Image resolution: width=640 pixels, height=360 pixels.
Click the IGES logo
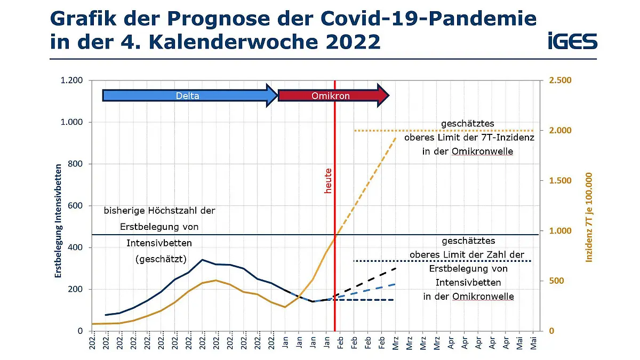click(572, 41)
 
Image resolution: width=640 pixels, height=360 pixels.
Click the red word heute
click(329, 181)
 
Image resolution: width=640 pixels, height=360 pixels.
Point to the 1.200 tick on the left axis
click(71, 81)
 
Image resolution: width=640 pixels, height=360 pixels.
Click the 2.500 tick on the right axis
click(561, 81)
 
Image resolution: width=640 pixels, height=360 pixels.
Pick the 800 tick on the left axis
click(75, 164)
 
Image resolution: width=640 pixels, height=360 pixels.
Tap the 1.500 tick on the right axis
click(561, 181)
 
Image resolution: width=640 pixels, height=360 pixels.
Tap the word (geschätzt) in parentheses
click(160, 260)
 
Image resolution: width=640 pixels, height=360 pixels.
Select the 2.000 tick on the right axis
click(561, 131)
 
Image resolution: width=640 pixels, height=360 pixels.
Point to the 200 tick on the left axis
click(75, 289)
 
